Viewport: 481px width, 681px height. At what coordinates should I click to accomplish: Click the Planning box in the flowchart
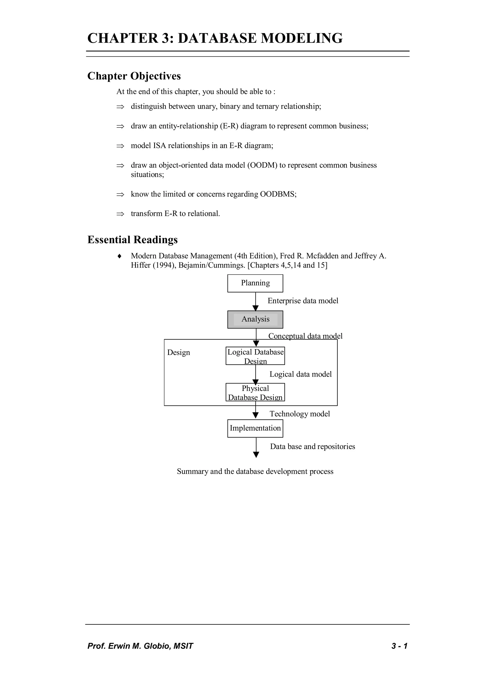point(255,283)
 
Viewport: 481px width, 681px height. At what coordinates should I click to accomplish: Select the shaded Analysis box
point(255,319)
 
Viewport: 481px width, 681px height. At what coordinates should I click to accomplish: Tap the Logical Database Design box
point(255,356)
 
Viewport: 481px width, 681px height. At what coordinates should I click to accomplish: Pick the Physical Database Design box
point(255,392)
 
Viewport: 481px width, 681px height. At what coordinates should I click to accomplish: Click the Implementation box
point(255,428)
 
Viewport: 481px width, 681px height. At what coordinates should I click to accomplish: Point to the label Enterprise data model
point(303,301)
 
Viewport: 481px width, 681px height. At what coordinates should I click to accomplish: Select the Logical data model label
point(300,374)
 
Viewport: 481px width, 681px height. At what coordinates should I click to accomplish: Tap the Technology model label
point(299,414)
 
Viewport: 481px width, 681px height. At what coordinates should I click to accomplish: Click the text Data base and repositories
point(312,446)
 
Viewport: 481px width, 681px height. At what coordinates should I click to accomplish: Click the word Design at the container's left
point(178,352)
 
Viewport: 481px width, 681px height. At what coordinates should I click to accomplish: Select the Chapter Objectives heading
point(134,76)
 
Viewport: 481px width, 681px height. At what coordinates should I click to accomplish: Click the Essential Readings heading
point(132,240)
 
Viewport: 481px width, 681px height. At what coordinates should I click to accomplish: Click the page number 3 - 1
point(399,646)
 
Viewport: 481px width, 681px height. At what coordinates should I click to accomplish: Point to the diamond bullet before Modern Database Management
point(119,256)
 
